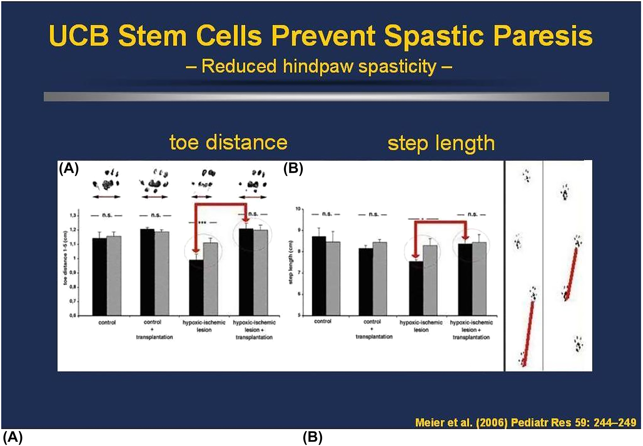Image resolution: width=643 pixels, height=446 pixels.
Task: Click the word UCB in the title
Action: (x=79, y=36)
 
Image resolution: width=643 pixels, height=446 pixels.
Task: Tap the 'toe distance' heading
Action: (x=228, y=142)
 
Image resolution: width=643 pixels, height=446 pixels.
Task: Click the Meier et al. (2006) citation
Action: (x=526, y=422)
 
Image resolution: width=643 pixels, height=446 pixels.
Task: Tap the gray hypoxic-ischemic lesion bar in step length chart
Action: (x=430, y=280)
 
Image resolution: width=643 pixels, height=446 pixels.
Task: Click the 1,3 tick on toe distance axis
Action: (x=73, y=215)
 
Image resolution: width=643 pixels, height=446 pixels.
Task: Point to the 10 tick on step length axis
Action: (x=298, y=209)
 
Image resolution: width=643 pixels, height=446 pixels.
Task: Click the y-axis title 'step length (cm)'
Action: (x=291, y=264)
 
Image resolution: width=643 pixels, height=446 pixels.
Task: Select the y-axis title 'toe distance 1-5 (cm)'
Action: (x=65, y=259)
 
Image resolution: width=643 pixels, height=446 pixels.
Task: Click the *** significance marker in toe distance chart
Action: (x=202, y=222)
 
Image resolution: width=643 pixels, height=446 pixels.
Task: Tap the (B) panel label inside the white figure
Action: (x=293, y=169)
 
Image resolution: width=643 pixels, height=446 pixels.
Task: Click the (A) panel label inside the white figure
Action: (x=69, y=169)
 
